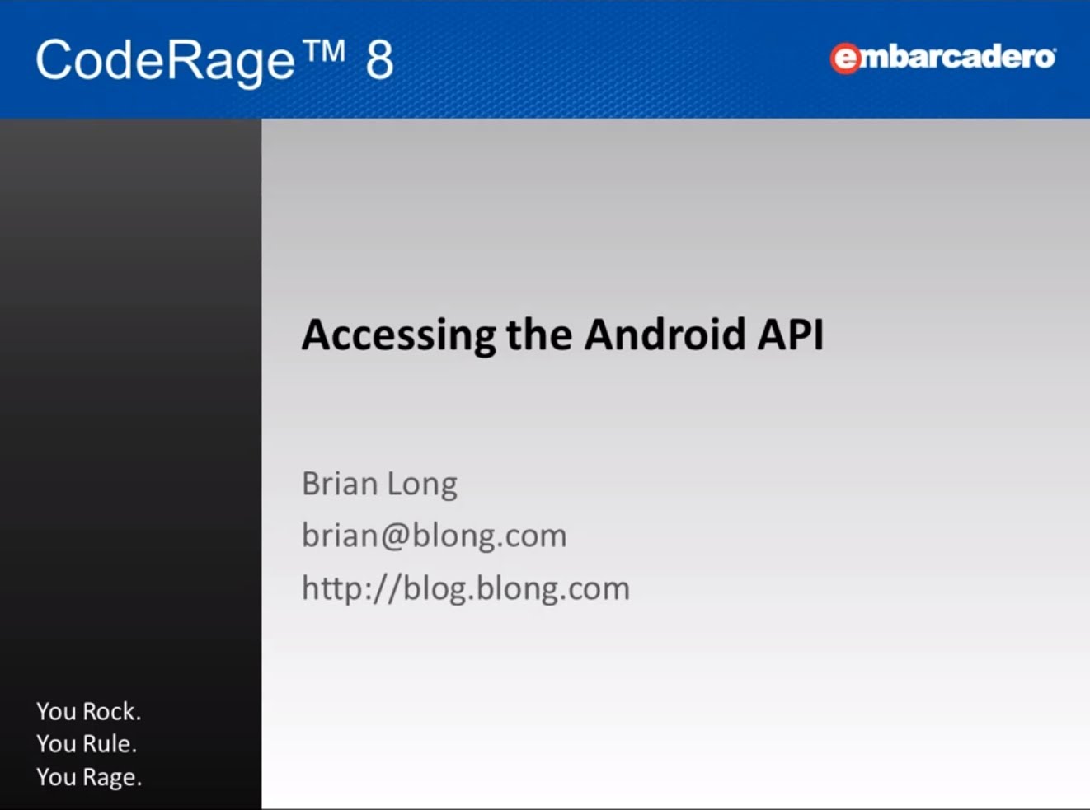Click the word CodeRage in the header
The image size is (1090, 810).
pyautogui.click(x=165, y=62)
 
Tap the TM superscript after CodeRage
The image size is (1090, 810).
pyautogui.click(x=324, y=50)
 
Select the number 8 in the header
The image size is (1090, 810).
pyautogui.click(x=379, y=59)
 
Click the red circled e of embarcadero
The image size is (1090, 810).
pyautogui.click(x=845, y=59)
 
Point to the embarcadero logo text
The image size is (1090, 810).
pyautogui.click(x=942, y=59)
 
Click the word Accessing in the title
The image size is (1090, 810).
pyautogui.click(x=398, y=335)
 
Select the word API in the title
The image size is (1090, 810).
pyautogui.click(x=790, y=335)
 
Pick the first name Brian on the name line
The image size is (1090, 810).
pyautogui.click(x=340, y=484)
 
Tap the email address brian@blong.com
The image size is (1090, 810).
pyautogui.click(x=435, y=535)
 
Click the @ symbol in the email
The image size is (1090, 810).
pyautogui.click(x=396, y=536)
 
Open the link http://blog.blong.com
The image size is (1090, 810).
pyautogui.click(x=466, y=588)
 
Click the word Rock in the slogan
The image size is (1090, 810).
pyautogui.click(x=111, y=711)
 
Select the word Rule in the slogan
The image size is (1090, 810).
pyautogui.click(x=109, y=744)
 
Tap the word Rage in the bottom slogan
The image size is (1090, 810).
pyautogui.click(x=112, y=778)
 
